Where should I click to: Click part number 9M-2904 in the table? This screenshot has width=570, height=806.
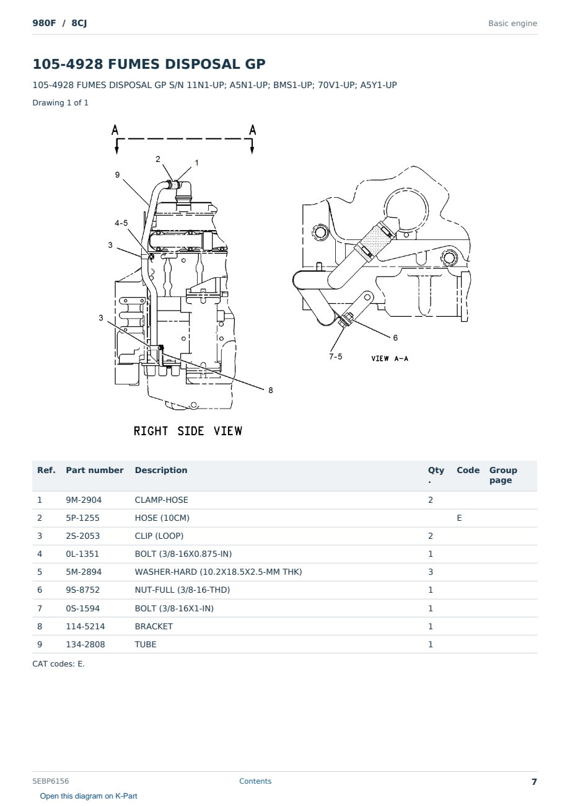pyautogui.click(x=84, y=500)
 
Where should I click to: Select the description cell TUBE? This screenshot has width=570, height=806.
pyautogui.click(x=145, y=644)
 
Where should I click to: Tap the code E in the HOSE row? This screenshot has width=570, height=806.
pyautogui.click(x=459, y=518)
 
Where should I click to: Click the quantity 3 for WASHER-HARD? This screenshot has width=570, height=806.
pyautogui.click(x=431, y=572)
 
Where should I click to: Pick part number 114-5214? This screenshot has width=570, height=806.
pyautogui.click(x=85, y=626)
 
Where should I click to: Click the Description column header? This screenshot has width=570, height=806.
pyautogui.click(x=160, y=471)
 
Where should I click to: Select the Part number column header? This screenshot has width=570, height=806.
pyautogui.click(x=95, y=471)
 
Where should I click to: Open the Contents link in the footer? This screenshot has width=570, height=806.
pyautogui.click(x=255, y=781)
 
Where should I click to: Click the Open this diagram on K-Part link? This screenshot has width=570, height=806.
pyautogui.click(x=89, y=796)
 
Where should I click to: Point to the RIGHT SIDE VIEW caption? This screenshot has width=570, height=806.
pyautogui.click(x=188, y=431)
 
